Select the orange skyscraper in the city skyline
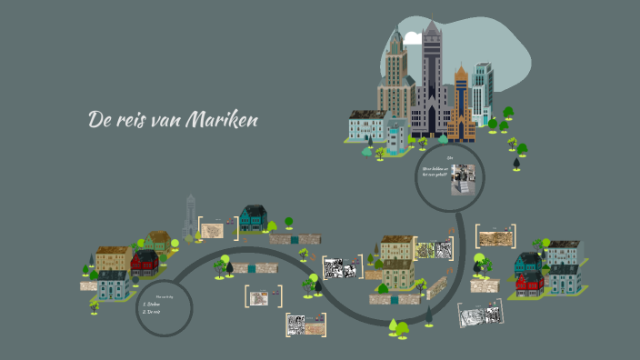(x=461, y=105)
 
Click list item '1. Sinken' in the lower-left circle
(x=151, y=304)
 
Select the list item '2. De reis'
(x=151, y=312)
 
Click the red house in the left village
(x=144, y=264)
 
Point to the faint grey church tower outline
(x=190, y=216)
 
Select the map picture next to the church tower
(x=213, y=230)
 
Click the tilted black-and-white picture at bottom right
(x=479, y=315)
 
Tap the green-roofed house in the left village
(x=158, y=241)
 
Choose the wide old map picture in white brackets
(x=495, y=236)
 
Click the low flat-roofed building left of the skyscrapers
(x=367, y=126)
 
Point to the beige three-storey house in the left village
(x=112, y=260)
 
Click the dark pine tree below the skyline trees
(x=516, y=163)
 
